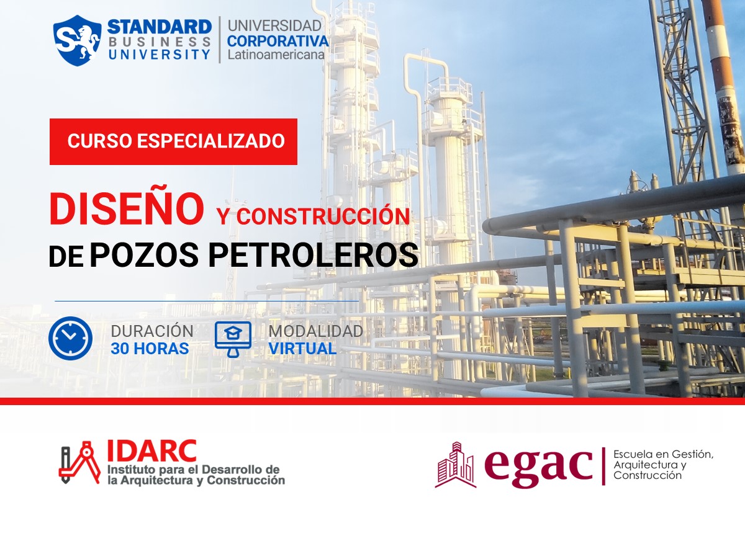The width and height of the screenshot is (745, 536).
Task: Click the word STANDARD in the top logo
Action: coord(160,27)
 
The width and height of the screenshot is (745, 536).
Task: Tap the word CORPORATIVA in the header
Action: coord(278,41)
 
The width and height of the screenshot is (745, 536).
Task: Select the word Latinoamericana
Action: coord(276,55)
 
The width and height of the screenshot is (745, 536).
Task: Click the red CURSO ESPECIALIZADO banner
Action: coord(174,141)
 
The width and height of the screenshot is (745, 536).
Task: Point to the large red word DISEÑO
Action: coord(127,209)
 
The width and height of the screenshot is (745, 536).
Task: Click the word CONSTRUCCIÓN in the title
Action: coord(323,217)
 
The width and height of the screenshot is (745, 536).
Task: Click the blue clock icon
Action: coord(70,339)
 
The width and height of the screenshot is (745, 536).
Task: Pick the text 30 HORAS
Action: coord(150,349)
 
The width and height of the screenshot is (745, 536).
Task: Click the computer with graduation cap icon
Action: coord(233,339)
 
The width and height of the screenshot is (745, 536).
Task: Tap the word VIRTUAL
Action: coord(302,349)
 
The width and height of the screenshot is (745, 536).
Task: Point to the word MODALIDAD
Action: coord(315,331)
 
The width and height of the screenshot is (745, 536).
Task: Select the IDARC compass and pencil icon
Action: coord(79,463)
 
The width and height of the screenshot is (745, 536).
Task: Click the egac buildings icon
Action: coord(455,465)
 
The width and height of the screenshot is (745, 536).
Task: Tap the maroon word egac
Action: coord(538,465)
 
